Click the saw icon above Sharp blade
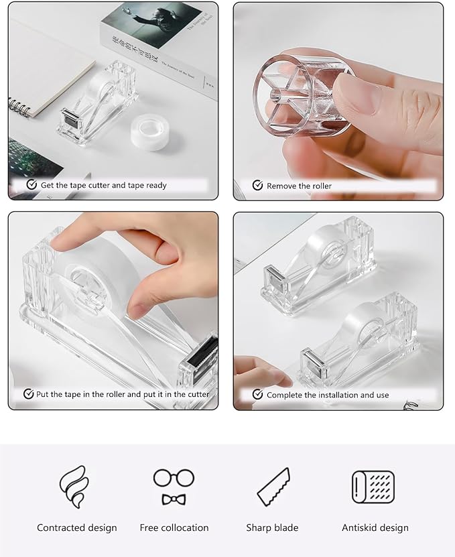[273, 487]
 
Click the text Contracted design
[77, 528]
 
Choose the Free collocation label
[174, 528]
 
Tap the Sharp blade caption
[272, 528]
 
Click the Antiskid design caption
[375, 528]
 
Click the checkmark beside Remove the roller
[257, 186]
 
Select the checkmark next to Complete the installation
[257, 395]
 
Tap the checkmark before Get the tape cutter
[31, 185]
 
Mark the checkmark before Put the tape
[28, 394]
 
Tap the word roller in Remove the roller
[320, 186]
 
